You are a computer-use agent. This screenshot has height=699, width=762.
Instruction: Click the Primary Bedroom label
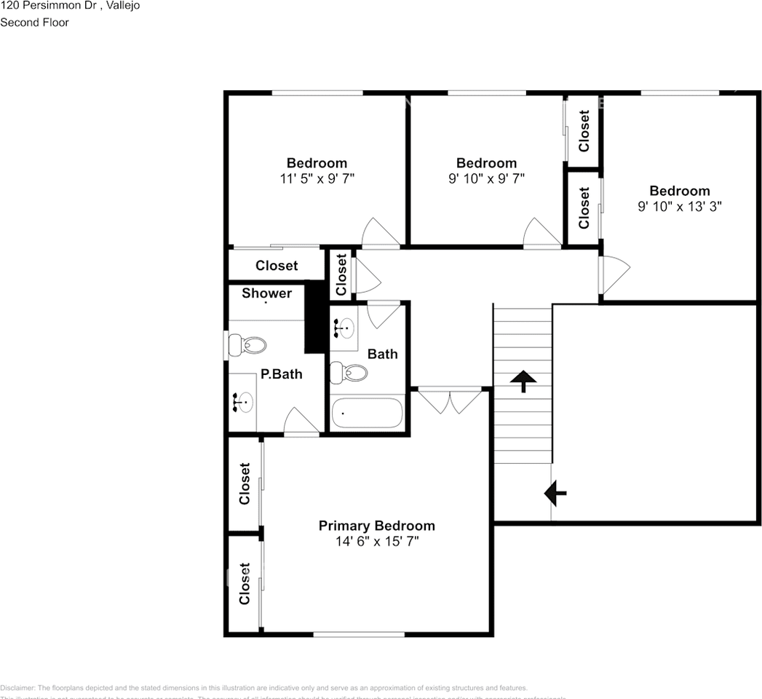click(x=376, y=526)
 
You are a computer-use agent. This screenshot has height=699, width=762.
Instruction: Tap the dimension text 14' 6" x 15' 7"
click(x=376, y=542)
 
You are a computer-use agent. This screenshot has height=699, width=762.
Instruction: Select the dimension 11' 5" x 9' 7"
click(x=317, y=178)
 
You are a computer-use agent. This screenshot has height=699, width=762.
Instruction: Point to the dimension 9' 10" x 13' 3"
click(x=679, y=207)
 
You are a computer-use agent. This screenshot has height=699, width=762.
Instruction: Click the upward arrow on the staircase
click(x=523, y=381)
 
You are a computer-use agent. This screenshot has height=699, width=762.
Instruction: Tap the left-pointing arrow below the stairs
click(x=555, y=494)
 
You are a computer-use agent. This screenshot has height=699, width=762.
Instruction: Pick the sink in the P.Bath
click(x=244, y=401)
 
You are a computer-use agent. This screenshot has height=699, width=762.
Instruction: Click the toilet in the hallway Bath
click(x=349, y=373)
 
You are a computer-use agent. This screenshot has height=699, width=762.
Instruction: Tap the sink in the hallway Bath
click(x=344, y=328)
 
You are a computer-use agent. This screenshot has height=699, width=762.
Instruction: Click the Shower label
click(x=266, y=293)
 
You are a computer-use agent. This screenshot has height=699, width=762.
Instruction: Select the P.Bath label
click(x=282, y=374)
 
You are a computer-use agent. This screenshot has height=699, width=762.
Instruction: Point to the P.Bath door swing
click(x=301, y=422)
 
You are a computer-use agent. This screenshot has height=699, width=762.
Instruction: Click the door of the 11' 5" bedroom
click(x=381, y=234)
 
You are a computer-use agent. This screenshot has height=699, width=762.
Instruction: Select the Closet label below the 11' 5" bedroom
click(x=277, y=266)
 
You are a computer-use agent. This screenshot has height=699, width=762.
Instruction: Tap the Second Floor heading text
click(x=34, y=23)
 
